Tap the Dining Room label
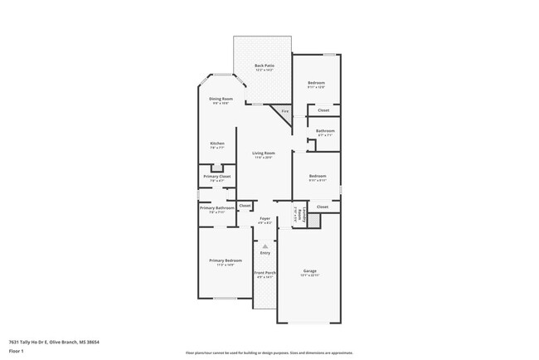[221, 99]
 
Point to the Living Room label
[264, 153]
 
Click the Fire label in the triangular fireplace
[284, 110]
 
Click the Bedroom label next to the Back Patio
[317, 83]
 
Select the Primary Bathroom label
[217, 208]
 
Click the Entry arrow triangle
[265, 246]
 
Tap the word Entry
[265, 253]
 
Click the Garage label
[310, 271]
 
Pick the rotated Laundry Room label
[297, 216]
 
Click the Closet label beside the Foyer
[245, 205]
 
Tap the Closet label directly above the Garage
[323, 207]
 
